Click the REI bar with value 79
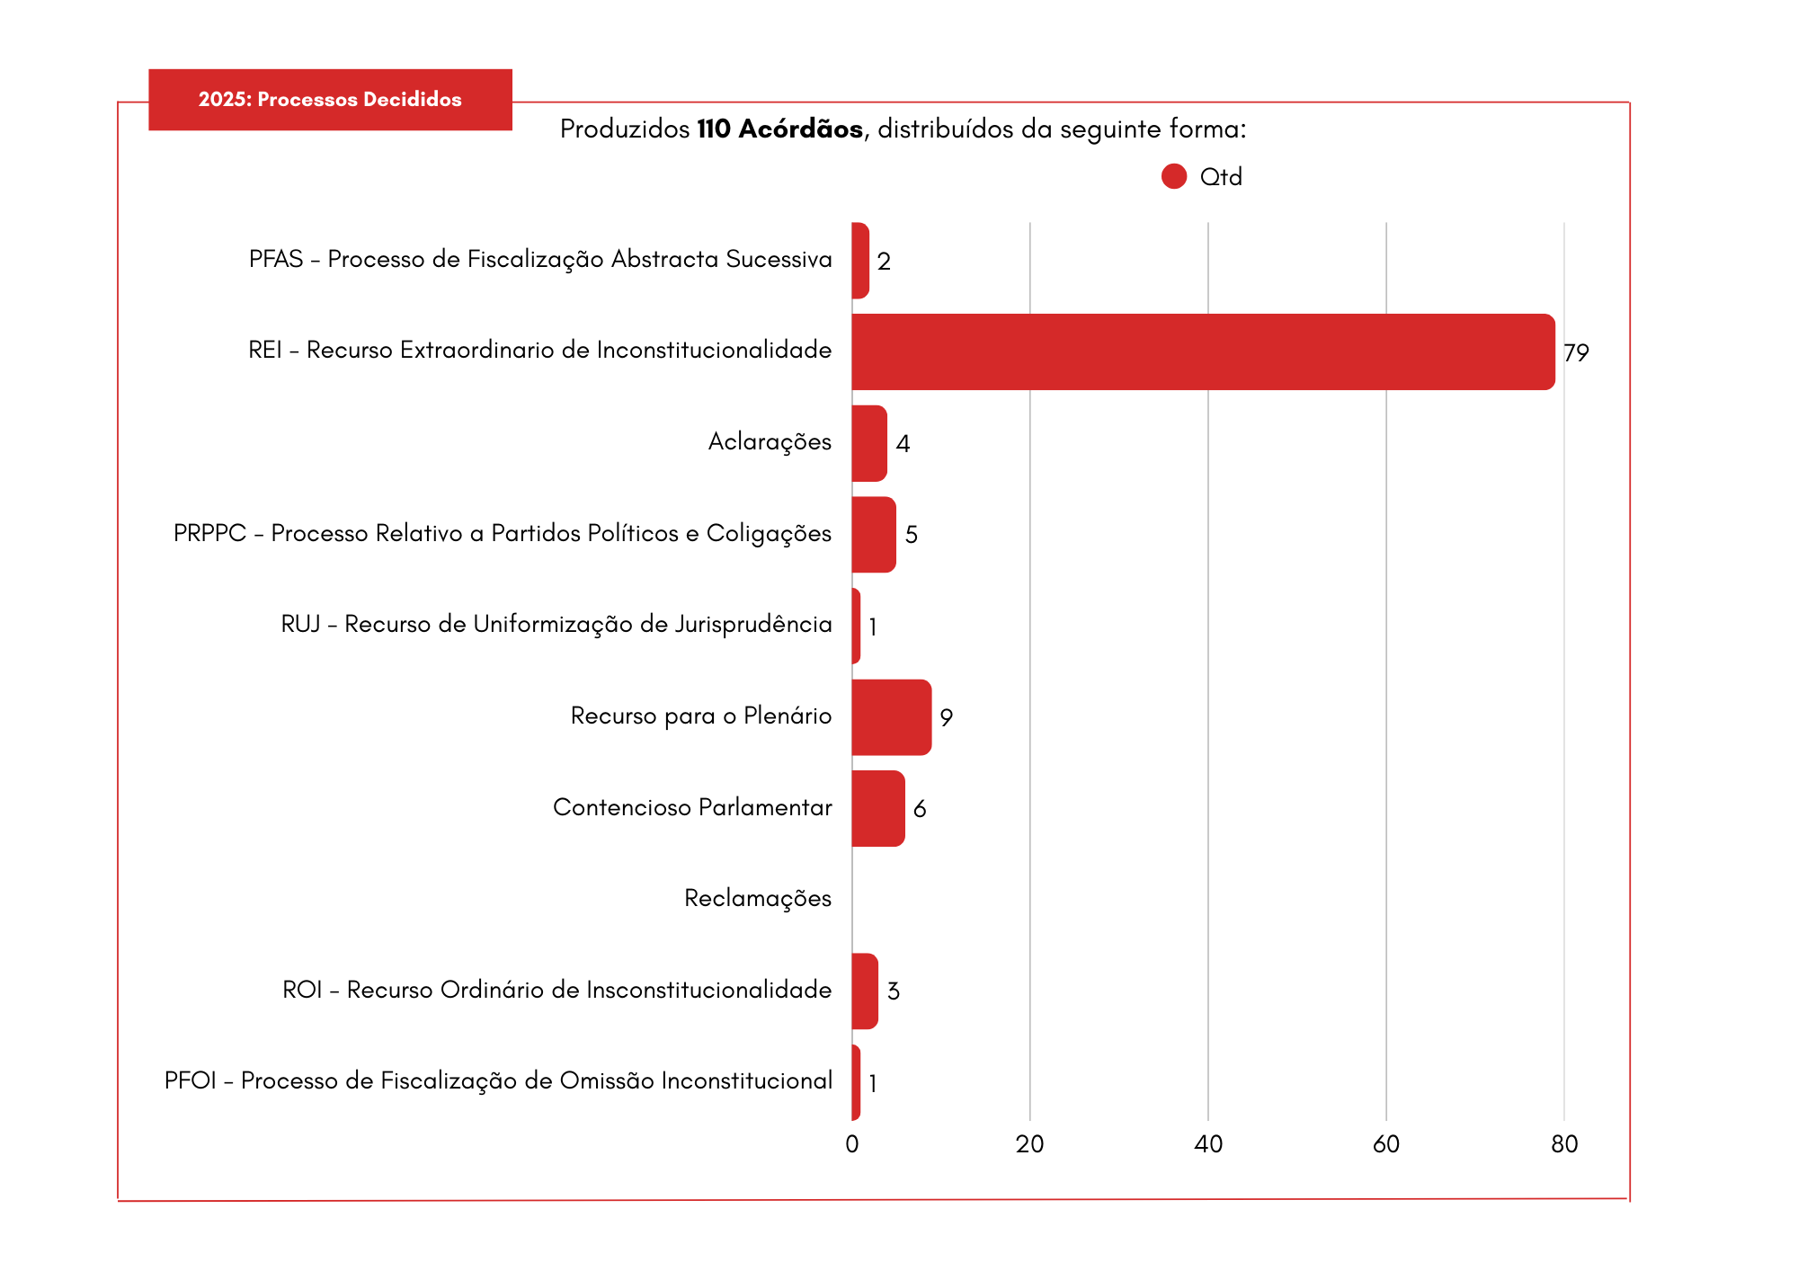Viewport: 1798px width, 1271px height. [1203, 351]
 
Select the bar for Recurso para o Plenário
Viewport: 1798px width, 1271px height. [891, 717]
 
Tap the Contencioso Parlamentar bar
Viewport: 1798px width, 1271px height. [878, 808]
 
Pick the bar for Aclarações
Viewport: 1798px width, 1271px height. [869, 443]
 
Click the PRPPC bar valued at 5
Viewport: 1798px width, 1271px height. [874, 535]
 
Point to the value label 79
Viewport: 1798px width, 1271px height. [1576, 352]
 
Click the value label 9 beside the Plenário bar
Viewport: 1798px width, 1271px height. [946, 717]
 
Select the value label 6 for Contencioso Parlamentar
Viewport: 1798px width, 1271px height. [920, 809]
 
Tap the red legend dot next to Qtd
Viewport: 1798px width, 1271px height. [1174, 176]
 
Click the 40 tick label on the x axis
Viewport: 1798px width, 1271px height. [1208, 1144]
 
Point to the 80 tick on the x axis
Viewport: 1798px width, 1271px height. [1564, 1144]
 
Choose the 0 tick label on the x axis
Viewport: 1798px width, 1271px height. [852, 1144]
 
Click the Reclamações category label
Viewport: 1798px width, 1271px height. [758, 898]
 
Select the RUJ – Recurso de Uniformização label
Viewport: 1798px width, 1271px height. [556, 624]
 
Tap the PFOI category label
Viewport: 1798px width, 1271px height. [498, 1080]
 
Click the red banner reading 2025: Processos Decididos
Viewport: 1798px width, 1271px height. [330, 100]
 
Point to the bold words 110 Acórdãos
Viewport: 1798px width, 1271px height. [779, 129]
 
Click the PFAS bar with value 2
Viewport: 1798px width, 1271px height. [860, 261]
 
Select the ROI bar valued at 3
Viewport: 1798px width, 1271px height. [865, 991]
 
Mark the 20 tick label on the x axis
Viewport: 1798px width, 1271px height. [1030, 1144]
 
